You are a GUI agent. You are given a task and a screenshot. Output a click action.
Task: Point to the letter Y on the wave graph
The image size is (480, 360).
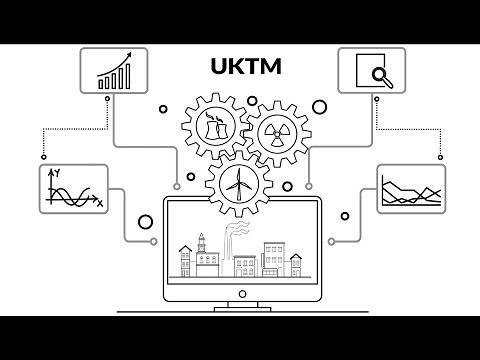point(58,173)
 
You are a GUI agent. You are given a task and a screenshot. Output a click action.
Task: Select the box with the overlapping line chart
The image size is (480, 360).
point(410,189)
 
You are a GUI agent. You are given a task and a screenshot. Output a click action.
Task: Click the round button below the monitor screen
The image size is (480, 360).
point(240,288)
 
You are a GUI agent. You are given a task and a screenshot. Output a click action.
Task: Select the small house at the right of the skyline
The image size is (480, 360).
point(295,266)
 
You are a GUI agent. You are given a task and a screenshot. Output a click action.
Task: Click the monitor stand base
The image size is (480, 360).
point(240,306)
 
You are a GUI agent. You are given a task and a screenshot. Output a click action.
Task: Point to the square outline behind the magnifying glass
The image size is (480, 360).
point(366,66)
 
